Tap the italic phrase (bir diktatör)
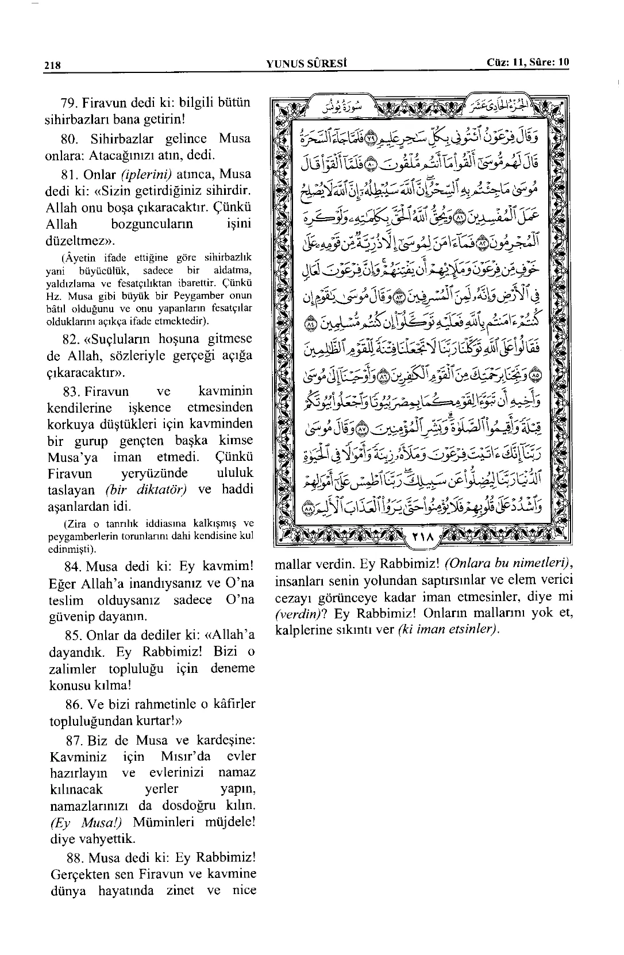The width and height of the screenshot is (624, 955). click(x=149, y=490)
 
